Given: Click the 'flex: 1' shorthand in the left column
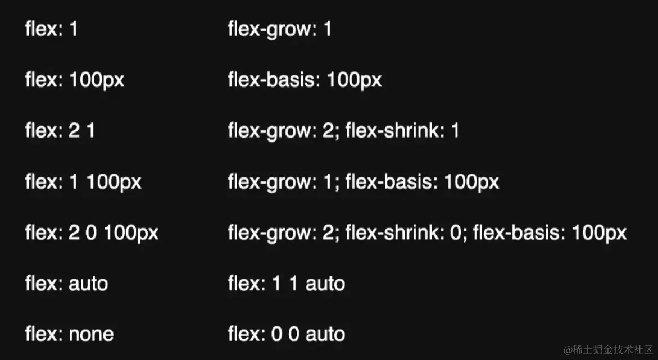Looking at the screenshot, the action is tap(51, 29).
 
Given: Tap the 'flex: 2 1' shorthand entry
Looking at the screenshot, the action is tap(60, 131).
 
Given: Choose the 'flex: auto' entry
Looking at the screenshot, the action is tap(66, 284).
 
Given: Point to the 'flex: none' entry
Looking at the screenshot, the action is tap(69, 334).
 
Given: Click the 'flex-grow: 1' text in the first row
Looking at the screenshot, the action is tap(280, 29).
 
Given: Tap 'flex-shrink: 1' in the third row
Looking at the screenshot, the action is tap(402, 131).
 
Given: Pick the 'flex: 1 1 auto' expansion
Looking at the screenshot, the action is tap(286, 284).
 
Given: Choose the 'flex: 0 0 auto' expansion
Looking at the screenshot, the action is tap(286, 334).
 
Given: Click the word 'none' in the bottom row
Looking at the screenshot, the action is tap(91, 334).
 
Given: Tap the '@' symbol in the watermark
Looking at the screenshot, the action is tap(568, 349).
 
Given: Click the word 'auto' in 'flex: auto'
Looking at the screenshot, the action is tap(88, 284).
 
